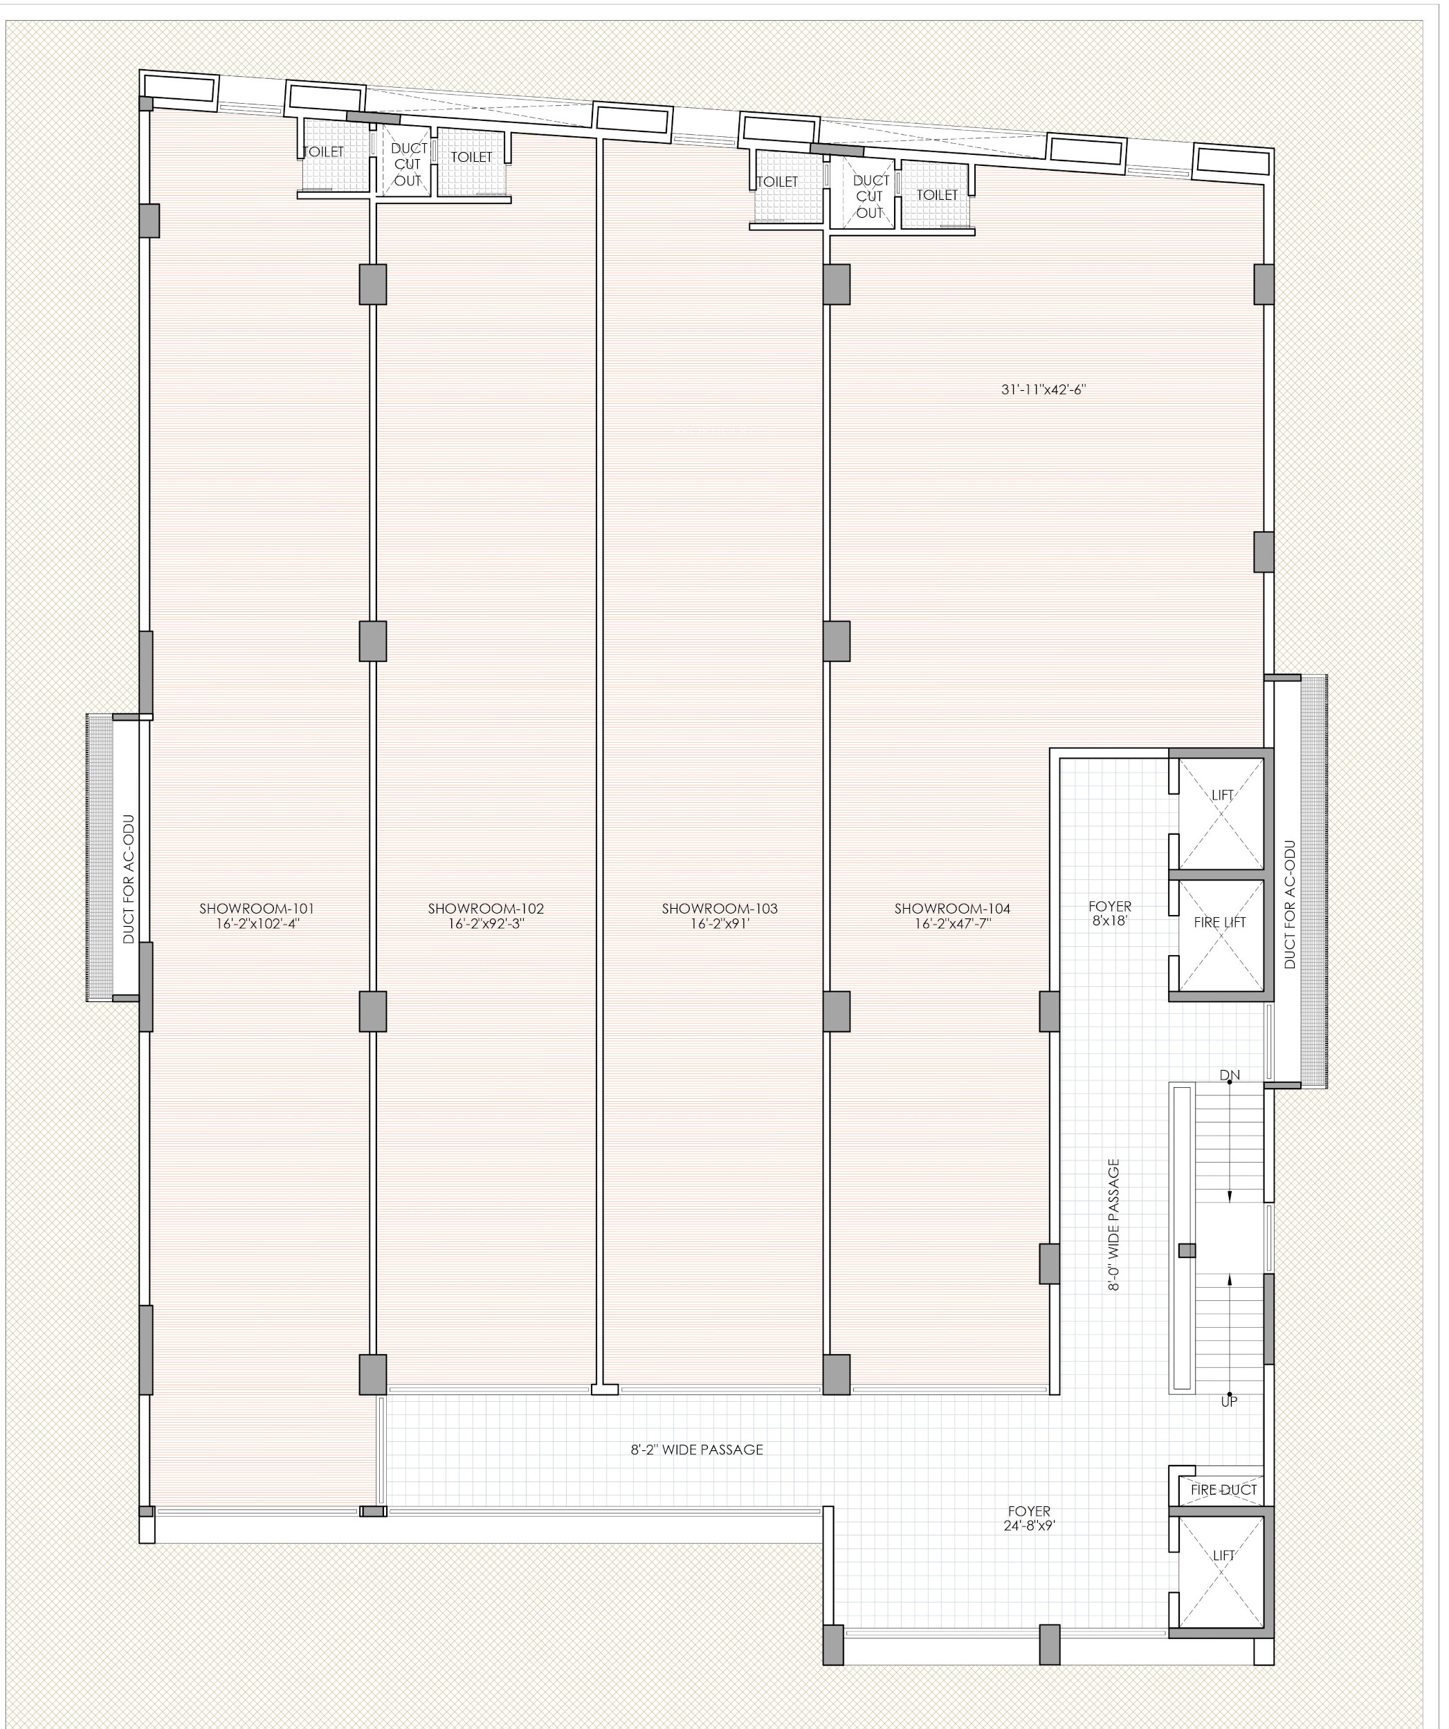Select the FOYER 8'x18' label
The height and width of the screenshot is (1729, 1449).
(x=1110, y=914)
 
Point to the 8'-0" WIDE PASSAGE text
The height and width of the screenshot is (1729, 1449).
(x=1113, y=1224)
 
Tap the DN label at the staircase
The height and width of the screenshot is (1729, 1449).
(x=1230, y=1075)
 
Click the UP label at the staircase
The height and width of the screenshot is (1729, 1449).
(x=1229, y=1401)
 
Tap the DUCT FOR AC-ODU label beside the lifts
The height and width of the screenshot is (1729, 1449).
(x=1290, y=904)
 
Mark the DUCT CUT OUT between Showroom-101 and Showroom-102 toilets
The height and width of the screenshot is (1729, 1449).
(x=408, y=165)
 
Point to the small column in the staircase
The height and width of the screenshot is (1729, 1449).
(x=1187, y=1250)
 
